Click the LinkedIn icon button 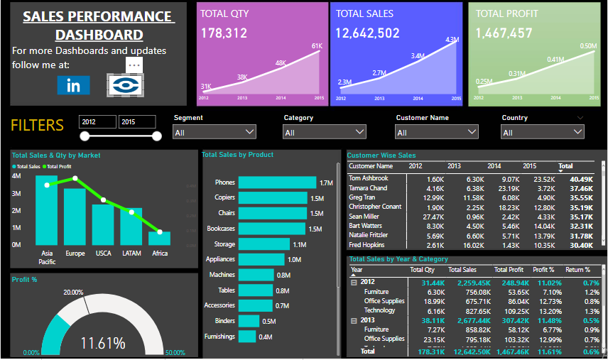click(73, 85)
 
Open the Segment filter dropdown click(214, 132)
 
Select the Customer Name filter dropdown click(437, 132)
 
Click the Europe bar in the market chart click(75, 217)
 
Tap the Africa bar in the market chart click(159, 238)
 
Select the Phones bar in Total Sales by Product click(277, 182)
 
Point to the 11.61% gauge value click(102, 343)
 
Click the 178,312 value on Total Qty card click(224, 33)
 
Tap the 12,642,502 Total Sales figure click(367, 33)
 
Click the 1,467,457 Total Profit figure click(504, 33)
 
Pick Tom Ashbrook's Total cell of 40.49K click(580, 179)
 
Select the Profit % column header click(543, 270)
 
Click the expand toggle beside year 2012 click(354, 282)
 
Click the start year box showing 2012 click(97, 122)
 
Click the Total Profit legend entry click(58, 165)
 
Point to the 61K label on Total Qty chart click(317, 46)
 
